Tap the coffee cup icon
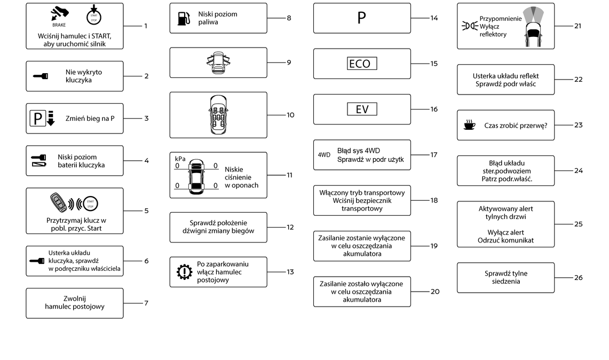pos(469,125)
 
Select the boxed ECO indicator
pos(362,64)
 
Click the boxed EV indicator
pos(362,109)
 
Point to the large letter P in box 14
pos(361,18)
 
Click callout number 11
pos(289,175)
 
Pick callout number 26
pos(578,277)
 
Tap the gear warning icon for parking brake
pos(184,272)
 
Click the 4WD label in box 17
pos(324,155)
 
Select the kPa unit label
pos(180,159)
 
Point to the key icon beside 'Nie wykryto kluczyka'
pos(40,76)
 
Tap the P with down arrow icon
pos(42,119)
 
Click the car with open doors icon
pos(218,62)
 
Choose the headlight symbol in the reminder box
pos(470,26)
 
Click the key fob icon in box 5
pos(59,203)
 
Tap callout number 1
pos(146,26)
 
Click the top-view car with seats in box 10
pos(218,115)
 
